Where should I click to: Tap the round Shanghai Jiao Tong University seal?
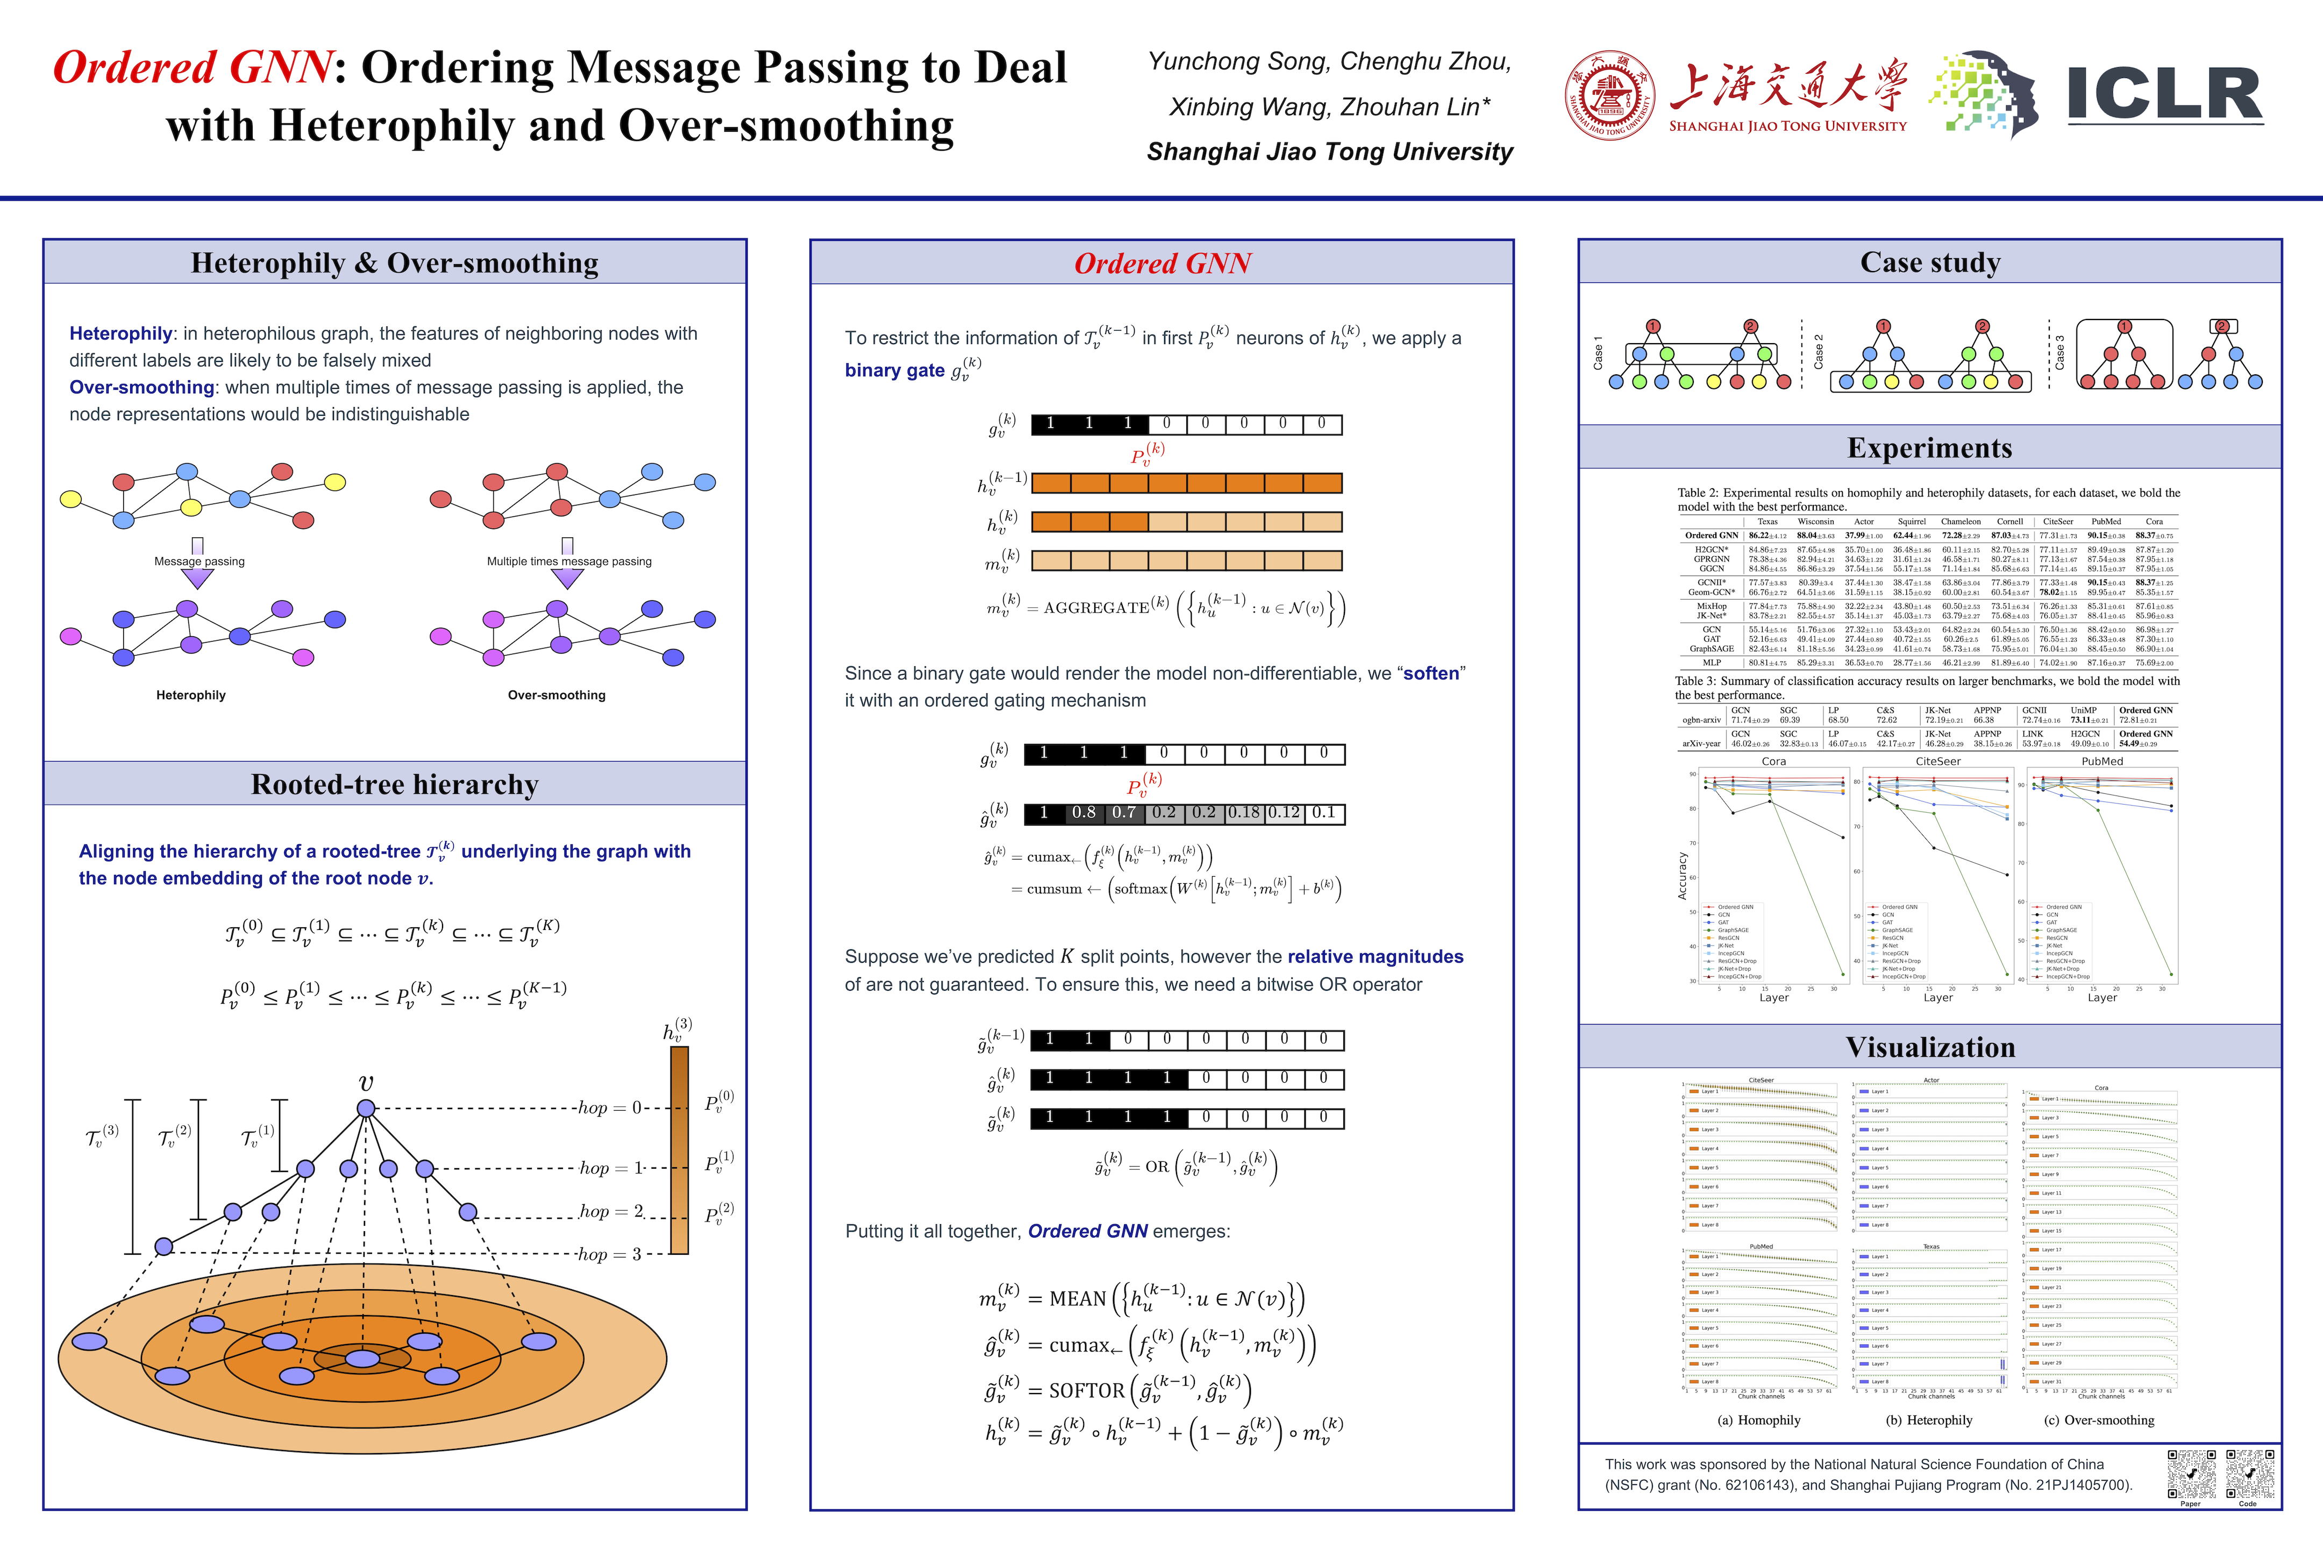pos(1610,96)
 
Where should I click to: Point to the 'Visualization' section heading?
pos(1930,1047)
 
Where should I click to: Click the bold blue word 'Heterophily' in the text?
pos(120,334)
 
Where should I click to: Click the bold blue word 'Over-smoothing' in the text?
pos(141,387)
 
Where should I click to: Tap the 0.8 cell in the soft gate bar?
pos(1084,813)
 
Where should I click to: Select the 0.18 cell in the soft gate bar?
pos(1243,813)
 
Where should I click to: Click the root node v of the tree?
pos(366,1109)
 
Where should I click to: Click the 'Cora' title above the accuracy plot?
pos(1774,762)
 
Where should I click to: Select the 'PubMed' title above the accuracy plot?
pos(2102,762)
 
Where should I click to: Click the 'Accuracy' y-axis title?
pos(1682,876)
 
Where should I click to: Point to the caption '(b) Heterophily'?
pos(1929,1420)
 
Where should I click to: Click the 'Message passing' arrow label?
pos(199,561)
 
